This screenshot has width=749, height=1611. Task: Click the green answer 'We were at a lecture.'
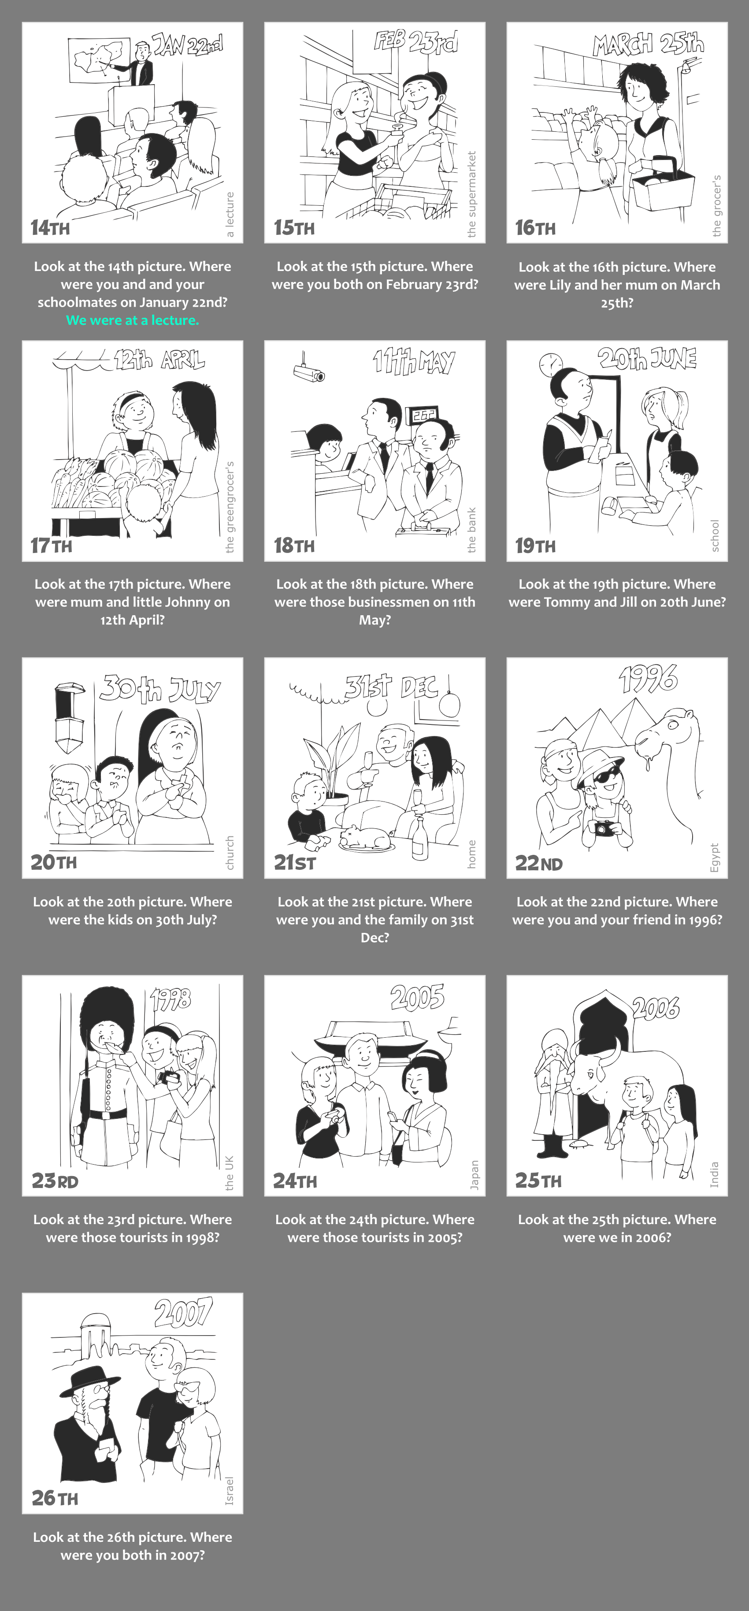coord(133,320)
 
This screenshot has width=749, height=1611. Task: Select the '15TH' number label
coord(294,228)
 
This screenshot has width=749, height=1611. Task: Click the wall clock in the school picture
coord(551,364)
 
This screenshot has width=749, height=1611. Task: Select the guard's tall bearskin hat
coord(109,1019)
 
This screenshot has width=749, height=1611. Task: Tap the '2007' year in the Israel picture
coord(184,1313)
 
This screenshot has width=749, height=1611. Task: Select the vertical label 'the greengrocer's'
coord(230,507)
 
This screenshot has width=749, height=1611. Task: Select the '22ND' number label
coord(538,863)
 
